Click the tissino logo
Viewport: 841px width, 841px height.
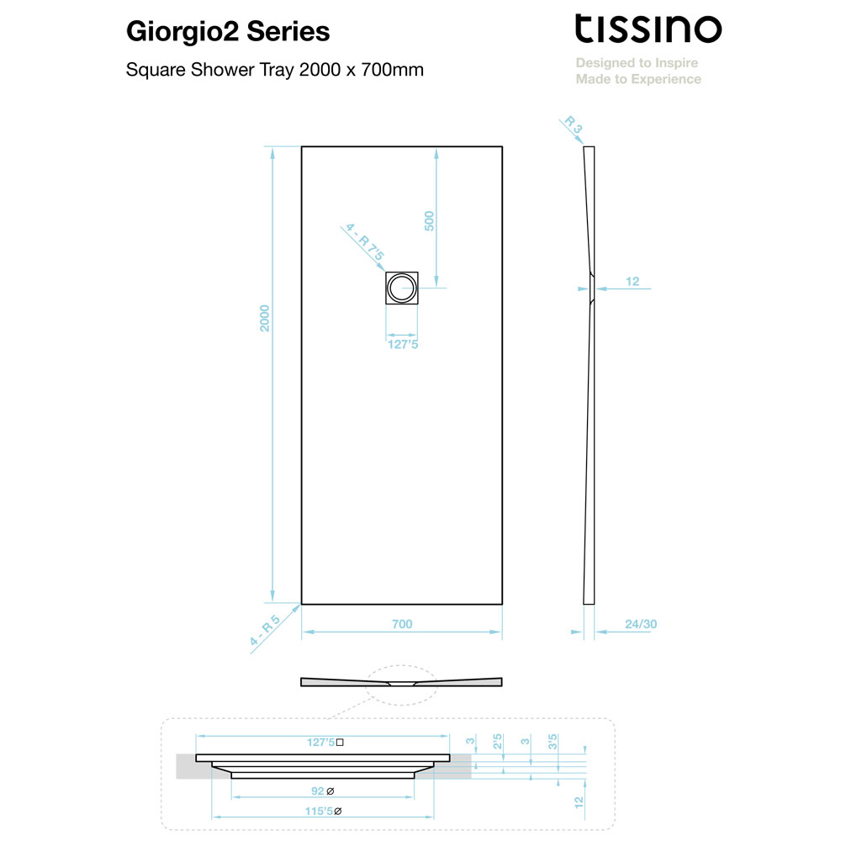tap(648, 29)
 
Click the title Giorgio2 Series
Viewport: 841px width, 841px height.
tap(228, 32)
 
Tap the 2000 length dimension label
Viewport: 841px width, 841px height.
tap(264, 318)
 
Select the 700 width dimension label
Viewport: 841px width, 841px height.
tap(402, 624)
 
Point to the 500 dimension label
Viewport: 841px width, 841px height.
tap(429, 221)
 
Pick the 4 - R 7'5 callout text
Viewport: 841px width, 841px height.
tap(365, 242)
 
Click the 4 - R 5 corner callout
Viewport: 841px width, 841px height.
tap(265, 630)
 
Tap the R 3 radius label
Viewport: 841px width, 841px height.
tap(574, 124)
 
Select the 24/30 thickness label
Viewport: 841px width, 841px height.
tap(640, 624)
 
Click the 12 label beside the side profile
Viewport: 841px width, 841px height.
tap(632, 281)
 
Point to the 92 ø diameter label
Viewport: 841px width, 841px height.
tap(323, 791)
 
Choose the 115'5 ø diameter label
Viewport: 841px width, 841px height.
tap(324, 811)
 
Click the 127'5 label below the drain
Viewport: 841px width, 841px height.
tap(403, 344)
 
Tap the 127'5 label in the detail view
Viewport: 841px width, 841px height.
tap(325, 743)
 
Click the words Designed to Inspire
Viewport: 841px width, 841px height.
tap(637, 63)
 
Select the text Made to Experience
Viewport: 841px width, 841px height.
tap(638, 79)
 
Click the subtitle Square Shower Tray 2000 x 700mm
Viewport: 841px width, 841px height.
tap(275, 70)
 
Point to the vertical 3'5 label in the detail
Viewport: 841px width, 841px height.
tap(553, 742)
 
